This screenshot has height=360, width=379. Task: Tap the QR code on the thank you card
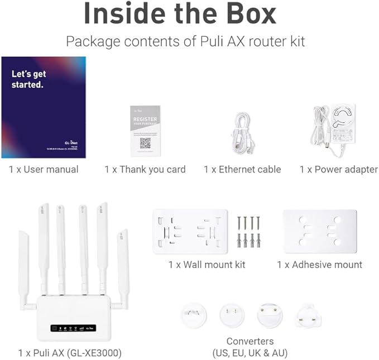[145, 143]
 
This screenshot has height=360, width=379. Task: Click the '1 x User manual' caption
[44, 169]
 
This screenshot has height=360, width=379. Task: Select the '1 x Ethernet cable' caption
[242, 169]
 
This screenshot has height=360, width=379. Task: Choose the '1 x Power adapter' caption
[338, 169]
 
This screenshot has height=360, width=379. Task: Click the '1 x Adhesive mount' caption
[320, 265]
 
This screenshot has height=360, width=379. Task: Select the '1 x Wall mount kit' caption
[207, 265]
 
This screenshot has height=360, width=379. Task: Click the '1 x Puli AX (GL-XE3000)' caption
[70, 353]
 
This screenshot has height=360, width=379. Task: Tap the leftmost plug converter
[194, 315]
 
